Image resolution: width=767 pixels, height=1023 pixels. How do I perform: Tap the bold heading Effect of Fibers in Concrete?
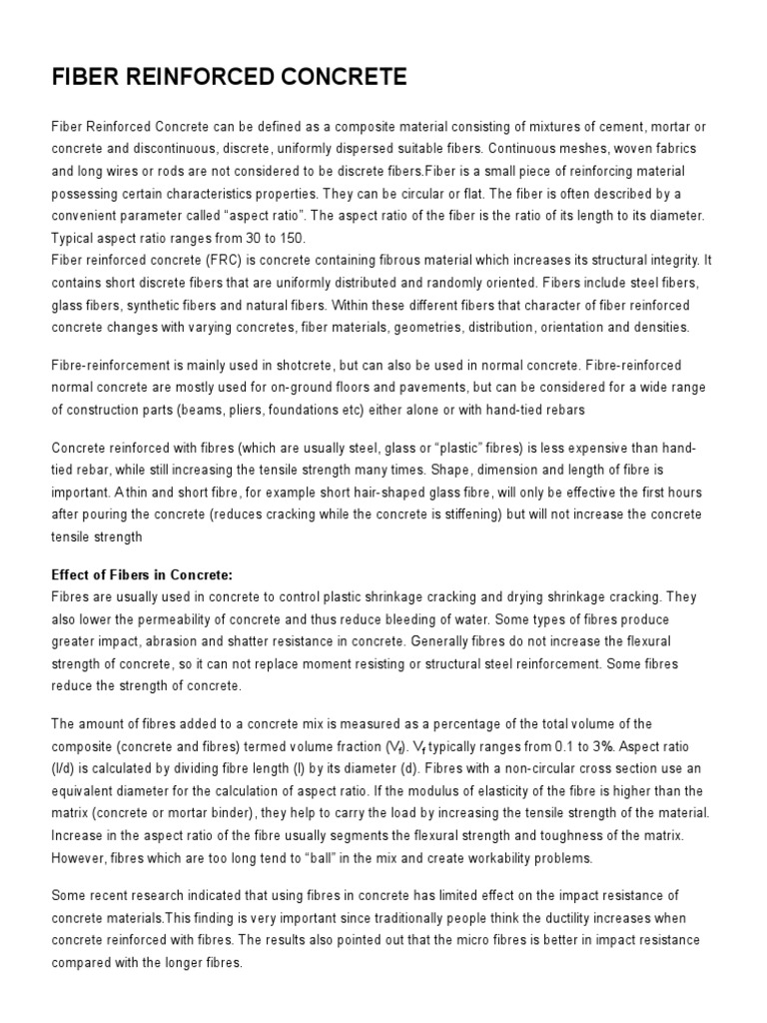point(141,574)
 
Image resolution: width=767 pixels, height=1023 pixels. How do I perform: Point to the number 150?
point(294,237)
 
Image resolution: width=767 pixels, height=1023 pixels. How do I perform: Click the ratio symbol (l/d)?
point(65,768)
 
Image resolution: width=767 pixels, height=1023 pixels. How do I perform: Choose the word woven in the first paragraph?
point(627,149)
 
